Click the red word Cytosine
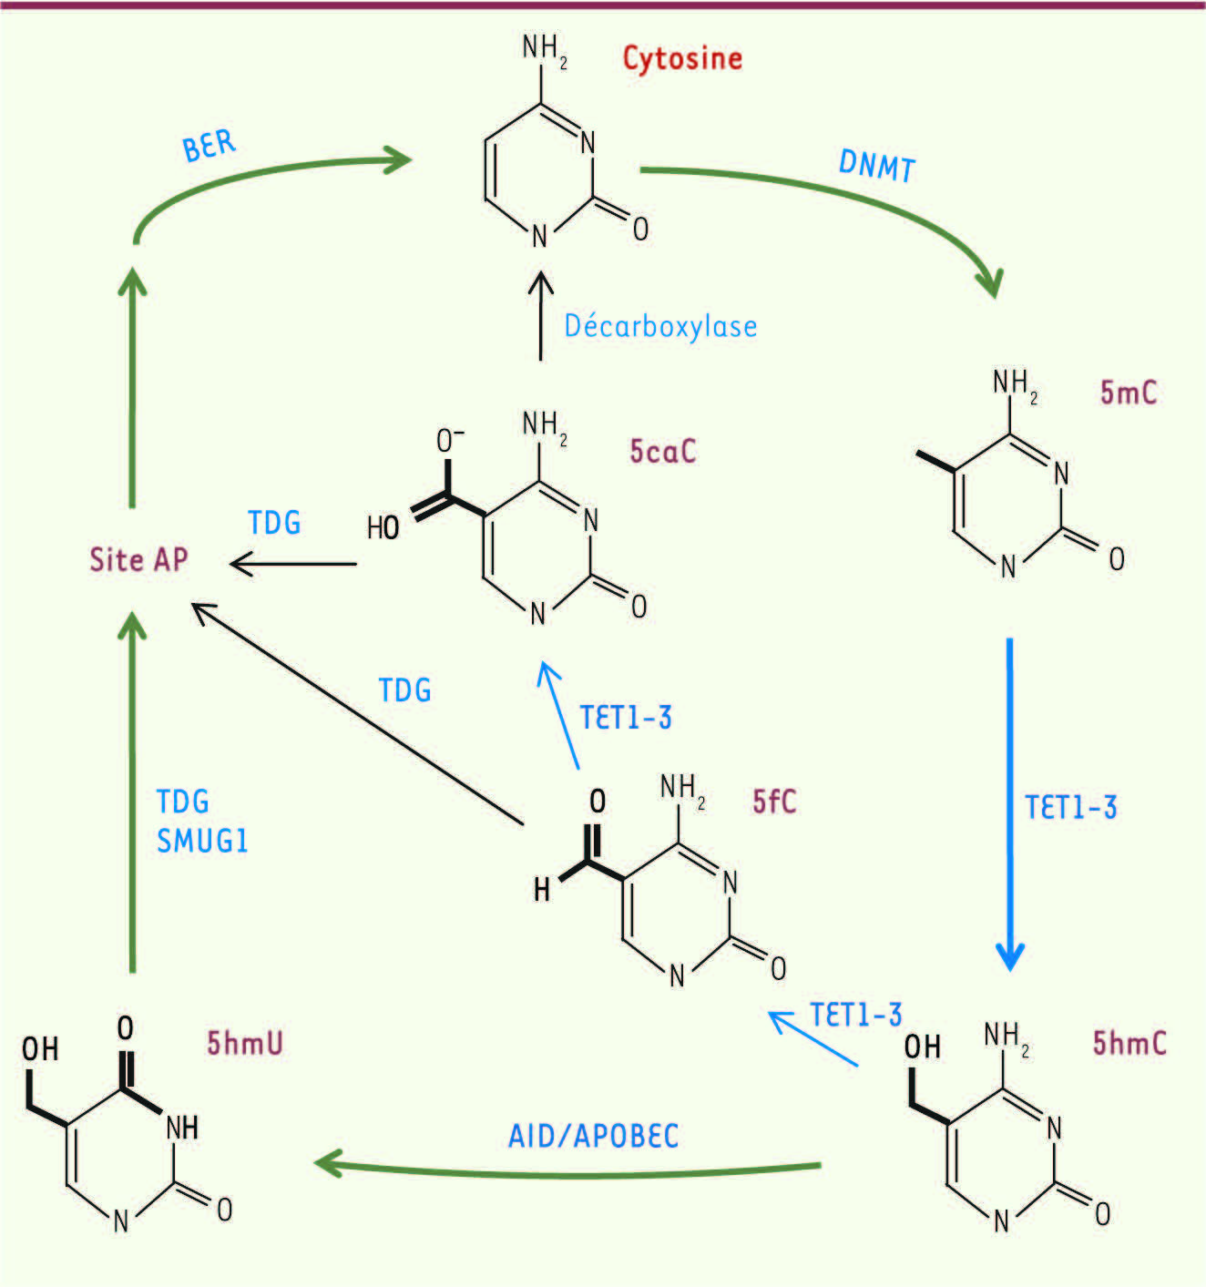pyautogui.click(x=682, y=59)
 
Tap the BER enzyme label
pyautogui.click(x=209, y=146)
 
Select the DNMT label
pyautogui.click(x=876, y=166)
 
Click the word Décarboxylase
pyautogui.click(x=660, y=325)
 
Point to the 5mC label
pyautogui.click(x=1129, y=393)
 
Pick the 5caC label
pyautogui.click(x=662, y=451)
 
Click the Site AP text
pyautogui.click(x=138, y=559)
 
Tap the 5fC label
pyautogui.click(x=774, y=802)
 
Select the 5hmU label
pyautogui.click(x=245, y=1043)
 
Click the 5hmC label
pyautogui.click(x=1129, y=1043)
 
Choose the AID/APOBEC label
pyautogui.click(x=593, y=1136)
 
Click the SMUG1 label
pyautogui.click(x=202, y=842)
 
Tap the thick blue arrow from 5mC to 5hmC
pyautogui.click(x=1009, y=804)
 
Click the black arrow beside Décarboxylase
pyautogui.click(x=541, y=315)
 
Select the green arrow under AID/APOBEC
pyautogui.click(x=567, y=1171)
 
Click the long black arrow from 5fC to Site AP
pyautogui.click(x=357, y=714)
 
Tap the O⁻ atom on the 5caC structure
pyautogui.click(x=450, y=441)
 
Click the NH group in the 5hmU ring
pyautogui.click(x=182, y=1129)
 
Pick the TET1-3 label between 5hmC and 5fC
pyautogui.click(x=856, y=1014)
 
